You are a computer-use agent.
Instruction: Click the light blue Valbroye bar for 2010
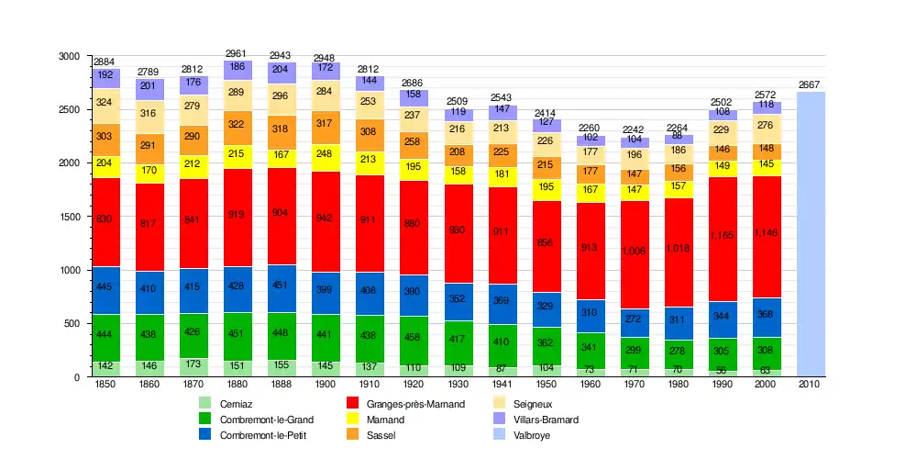click(811, 234)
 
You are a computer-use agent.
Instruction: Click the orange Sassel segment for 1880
click(238, 125)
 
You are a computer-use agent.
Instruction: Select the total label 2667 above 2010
click(811, 84)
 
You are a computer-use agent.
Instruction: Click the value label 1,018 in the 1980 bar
click(679, 248)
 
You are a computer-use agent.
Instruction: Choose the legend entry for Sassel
click(381, 435)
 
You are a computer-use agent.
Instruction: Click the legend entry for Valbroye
click(532, 435)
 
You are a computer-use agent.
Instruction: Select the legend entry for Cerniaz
click(237, 404)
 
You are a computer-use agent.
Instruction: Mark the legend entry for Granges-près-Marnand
click(415, 404)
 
